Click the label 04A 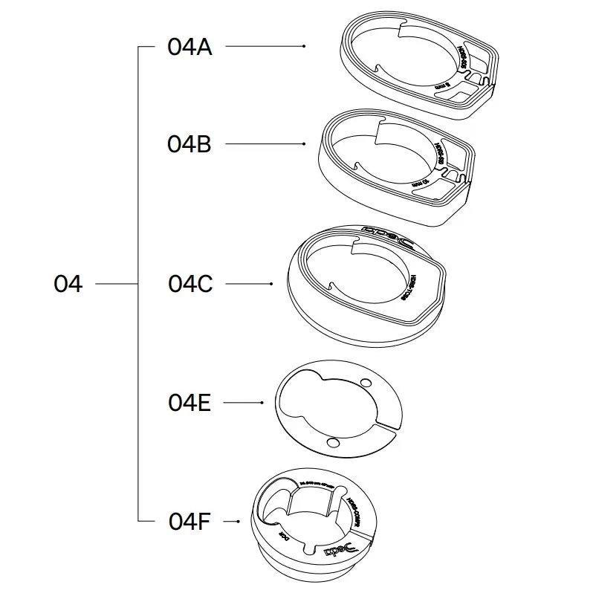point(190,47)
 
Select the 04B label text point(190,143)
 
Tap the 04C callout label point(190,284)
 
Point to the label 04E point(190,403)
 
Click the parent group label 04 point(68,284)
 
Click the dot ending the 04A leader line point(305,47)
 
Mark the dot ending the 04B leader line point(305,143)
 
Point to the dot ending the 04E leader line point(262,403)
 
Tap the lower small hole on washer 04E point(332,443)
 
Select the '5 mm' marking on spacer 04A point(444,87)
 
